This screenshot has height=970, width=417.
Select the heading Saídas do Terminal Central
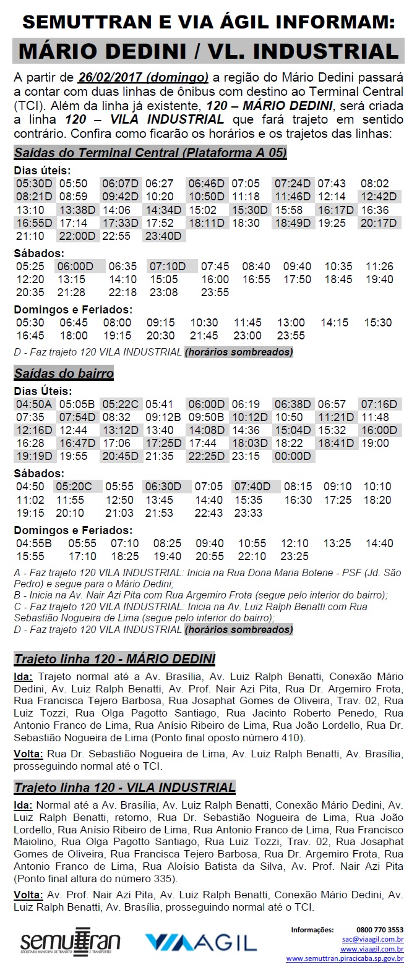[x=150, y=153]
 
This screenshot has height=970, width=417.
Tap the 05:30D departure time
[x=34, y=184]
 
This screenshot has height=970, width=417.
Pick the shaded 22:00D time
[x=77, y=236]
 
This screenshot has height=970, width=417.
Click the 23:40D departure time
[x=163, y=236]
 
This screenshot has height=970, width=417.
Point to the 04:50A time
[x=34, y=404]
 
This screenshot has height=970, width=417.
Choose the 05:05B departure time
[x=77, y=404]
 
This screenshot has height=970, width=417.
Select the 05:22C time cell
[x=121, y=404]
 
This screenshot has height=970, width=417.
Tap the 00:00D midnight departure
[x=293, y=456]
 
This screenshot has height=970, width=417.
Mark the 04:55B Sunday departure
[x=35, y=543]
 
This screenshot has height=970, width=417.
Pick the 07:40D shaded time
[x=252, y=487]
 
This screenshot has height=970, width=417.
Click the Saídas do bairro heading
[x=64, y=373]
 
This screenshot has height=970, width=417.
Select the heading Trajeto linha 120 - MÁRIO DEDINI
[x=114, y=658]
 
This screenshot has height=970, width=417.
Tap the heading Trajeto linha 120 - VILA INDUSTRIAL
[x=124, y=787]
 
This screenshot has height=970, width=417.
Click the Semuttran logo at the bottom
[x=70, y=942]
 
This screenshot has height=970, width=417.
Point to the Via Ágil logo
[x=200, y=942]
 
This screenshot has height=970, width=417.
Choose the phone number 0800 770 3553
[x=379, y=929]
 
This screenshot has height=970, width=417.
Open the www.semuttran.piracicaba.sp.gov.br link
[x=345, y=958]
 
